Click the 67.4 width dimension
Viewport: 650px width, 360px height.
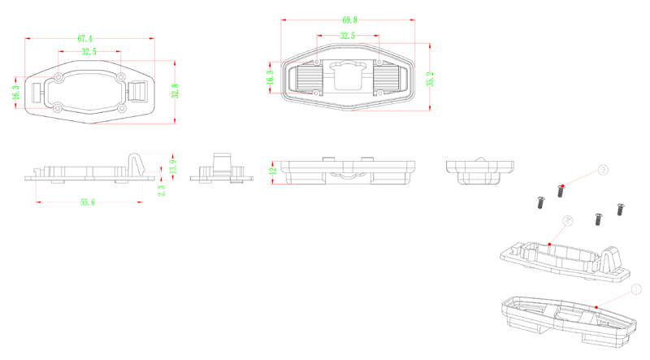[85, 38]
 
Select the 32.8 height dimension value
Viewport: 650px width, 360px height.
[175, 91]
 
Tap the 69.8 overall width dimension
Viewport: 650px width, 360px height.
[351, 19]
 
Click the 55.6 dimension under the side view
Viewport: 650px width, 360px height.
[87, 202]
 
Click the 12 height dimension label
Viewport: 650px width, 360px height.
[274, 169]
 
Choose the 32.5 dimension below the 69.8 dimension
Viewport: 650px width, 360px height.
[347, 36]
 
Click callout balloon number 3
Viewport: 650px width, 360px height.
[603, 170]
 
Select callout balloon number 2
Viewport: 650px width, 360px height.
[568, 220]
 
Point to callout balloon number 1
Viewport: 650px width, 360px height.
[636, 288]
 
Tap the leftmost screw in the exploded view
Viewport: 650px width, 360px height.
[537, 202]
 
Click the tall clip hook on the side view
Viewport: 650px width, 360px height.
[136, 161]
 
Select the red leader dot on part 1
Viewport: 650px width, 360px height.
[597, 306]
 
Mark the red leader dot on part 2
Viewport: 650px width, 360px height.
[550, 243]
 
